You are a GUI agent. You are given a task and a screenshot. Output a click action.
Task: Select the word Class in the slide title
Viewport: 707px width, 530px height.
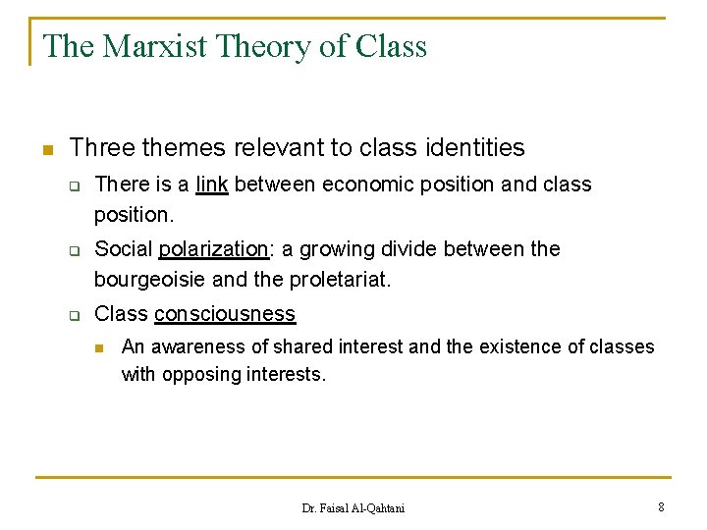tap(391, 46)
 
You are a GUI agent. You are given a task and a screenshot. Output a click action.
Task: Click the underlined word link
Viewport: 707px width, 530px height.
tap(212, 185)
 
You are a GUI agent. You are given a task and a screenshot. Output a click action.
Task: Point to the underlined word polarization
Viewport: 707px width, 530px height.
tap(213, 249)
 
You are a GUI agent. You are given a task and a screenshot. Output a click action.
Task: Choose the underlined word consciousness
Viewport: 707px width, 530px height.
tap(225, 314)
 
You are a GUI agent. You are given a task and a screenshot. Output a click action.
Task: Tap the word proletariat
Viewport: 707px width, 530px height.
tap(340, 280)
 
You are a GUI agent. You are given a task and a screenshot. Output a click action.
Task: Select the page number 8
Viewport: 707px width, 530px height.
tap(662, 506)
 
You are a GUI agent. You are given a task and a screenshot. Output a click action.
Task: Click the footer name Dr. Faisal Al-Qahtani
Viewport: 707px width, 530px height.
tap(353, 507)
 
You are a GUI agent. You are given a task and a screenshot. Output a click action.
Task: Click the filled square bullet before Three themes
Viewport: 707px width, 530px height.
tap(45, 149)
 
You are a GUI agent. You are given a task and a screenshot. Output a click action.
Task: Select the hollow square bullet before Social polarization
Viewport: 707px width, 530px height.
tap(73, 250)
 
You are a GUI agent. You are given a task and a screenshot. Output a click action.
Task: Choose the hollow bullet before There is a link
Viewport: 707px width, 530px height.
tap(73, 185)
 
